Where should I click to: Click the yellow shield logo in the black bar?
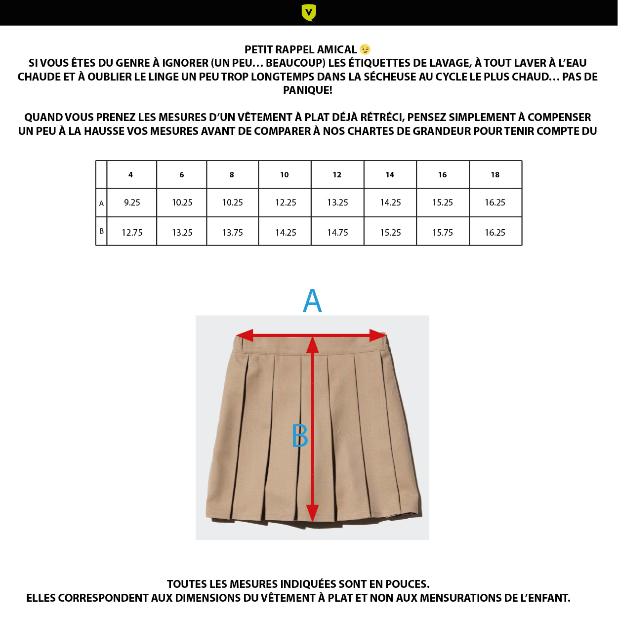(309, 12)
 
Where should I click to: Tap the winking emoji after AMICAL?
(365, 49)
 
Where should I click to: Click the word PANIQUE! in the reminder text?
(307, 90)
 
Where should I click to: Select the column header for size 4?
(130, 175)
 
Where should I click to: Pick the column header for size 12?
(337, 175)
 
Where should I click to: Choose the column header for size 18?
(495, 175)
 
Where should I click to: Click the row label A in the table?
(101, 203)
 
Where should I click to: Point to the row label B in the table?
(101, 231)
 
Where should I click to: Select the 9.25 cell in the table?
(132, 203)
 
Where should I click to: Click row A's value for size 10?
(286, 203)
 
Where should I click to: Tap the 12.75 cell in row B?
(132, 233)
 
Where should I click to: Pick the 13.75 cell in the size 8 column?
(232, 233)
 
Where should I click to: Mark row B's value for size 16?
(442, 233)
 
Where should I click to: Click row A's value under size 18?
(495, 203)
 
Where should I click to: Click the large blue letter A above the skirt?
(312, 301)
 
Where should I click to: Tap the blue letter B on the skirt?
(300, 436)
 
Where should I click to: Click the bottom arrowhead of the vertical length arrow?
(312, 513)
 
